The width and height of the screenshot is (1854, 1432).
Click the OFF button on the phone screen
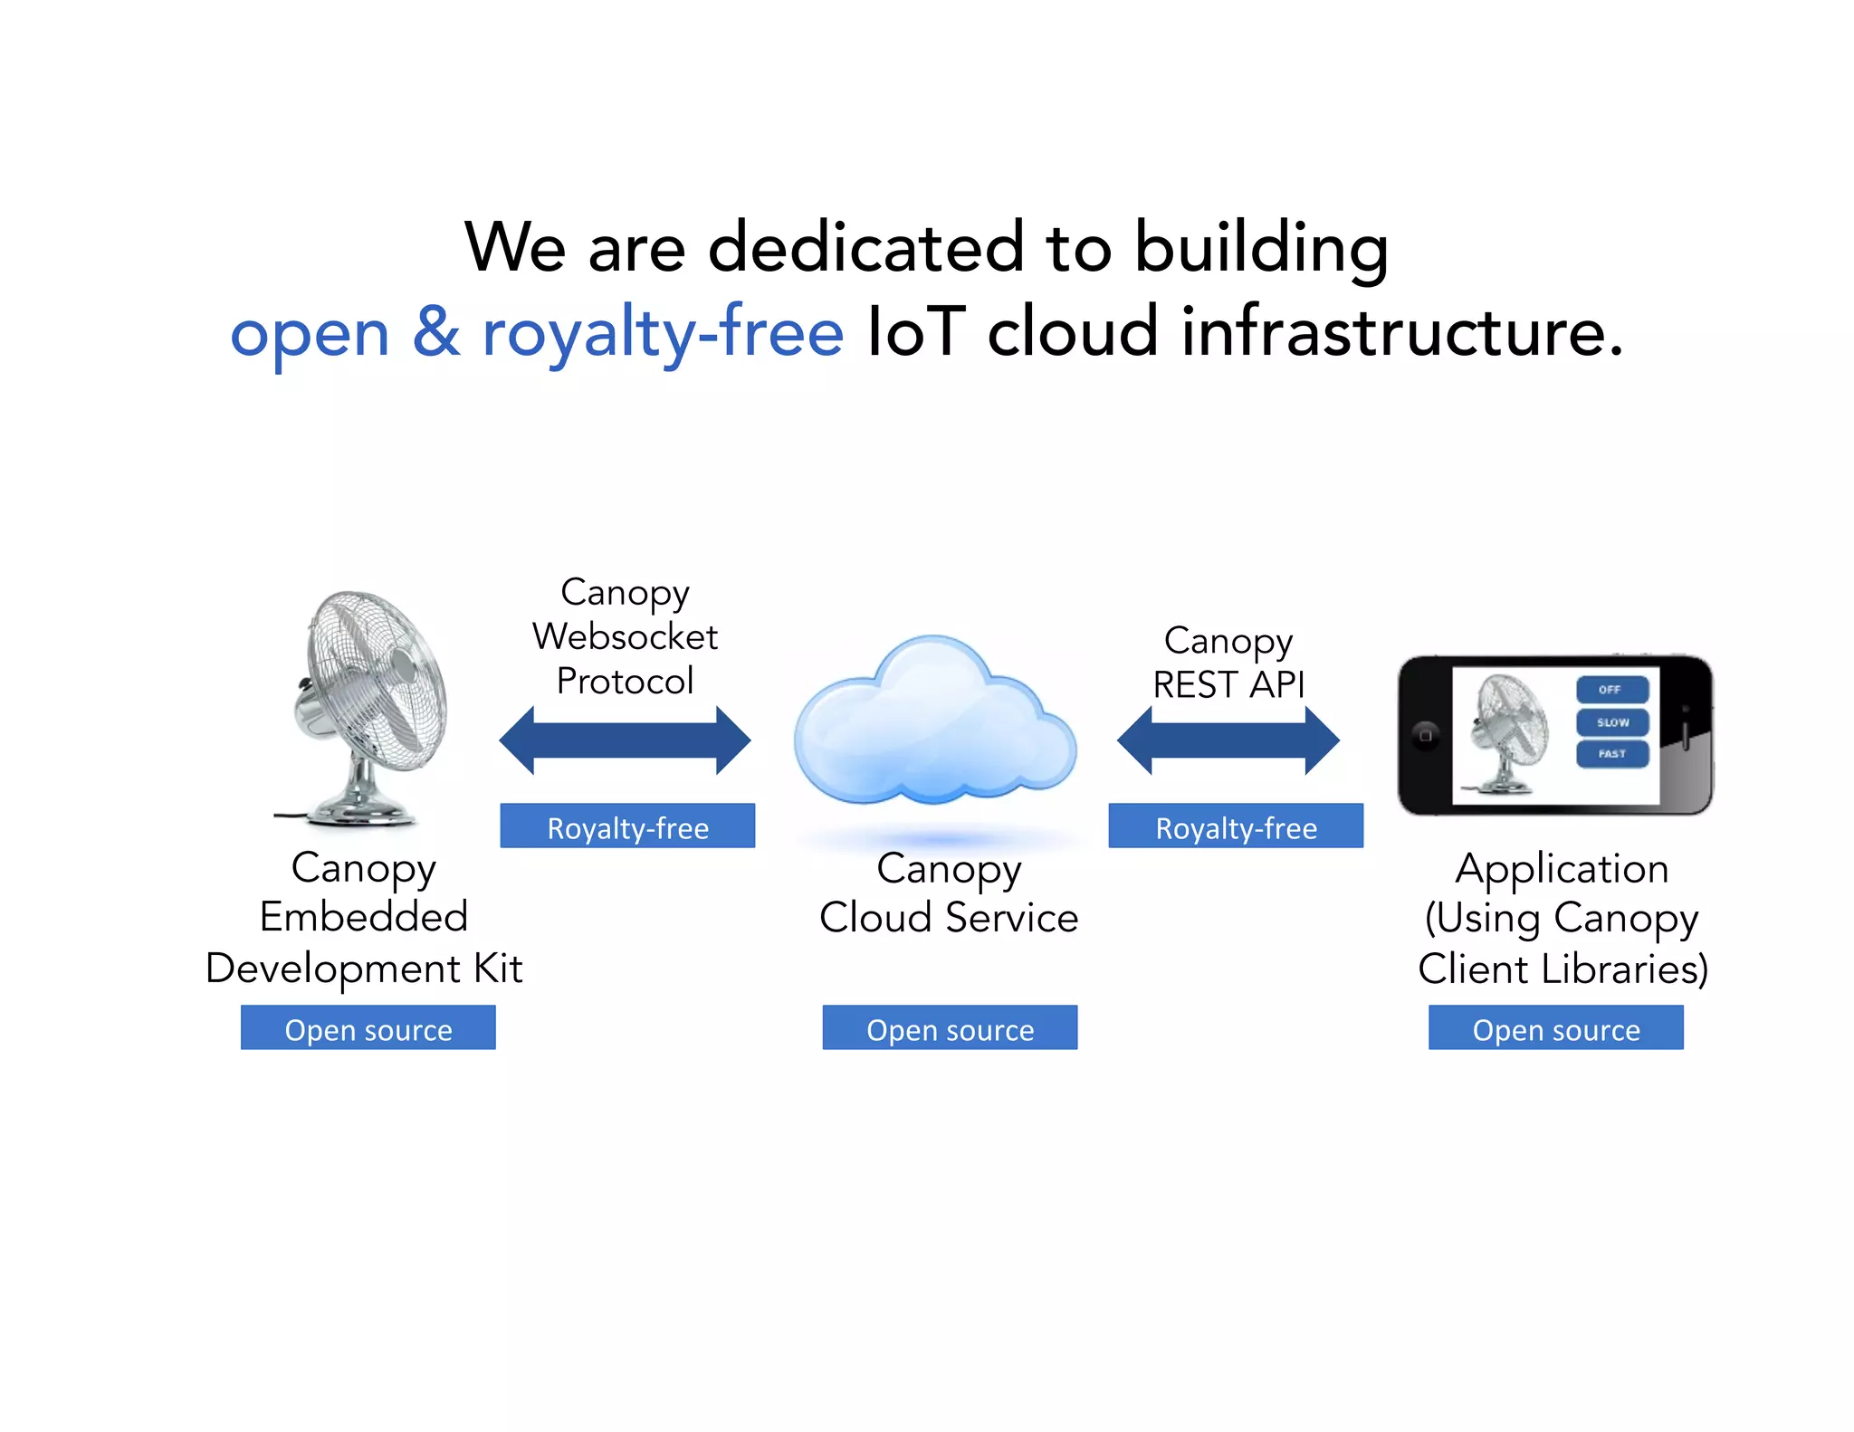pyautogui.click(x=1611, y=690)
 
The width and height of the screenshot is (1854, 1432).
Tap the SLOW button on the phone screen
pyautogui.click(x=1611, y=722)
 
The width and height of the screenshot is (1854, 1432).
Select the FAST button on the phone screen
pyautogui.click(x=1611, y=754)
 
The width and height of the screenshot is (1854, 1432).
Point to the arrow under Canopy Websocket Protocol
pyautogui.click(x=625, y=740)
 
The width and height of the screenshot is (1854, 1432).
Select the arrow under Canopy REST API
pyautogui.click(x=1228, y=740)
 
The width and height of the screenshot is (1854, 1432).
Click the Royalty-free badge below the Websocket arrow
pyautogui.click(x=627, y=826)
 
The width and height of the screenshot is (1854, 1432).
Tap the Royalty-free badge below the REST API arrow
pyautogui.click(x=1236, y=826)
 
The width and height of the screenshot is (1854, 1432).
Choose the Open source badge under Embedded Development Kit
pyautogui.click(x=368, y=1028)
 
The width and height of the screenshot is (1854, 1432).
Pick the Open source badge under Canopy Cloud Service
pyautogui.click(x=950, y=1028)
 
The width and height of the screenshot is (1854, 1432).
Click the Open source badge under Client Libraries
pyautogui.click(x=1556, y=1028)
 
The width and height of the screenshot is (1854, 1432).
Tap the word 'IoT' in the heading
pyautogui.click(x=916, y=332)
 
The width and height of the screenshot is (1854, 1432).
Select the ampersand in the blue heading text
pyautogui.click(x=436, y=332)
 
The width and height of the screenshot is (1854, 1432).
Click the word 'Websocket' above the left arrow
pyautogui.click(x=625, y=636)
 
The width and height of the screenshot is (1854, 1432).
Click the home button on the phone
pyautogui.click(x=1425, y=735)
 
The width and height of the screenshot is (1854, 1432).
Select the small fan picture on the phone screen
pyautogui.click(x=1506, y=733)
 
